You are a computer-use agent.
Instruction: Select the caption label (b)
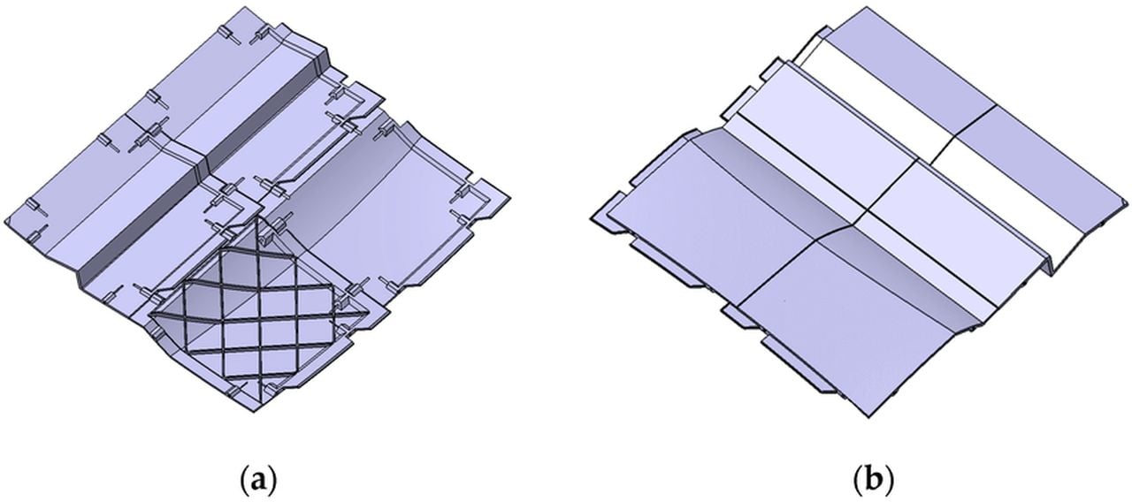tap(873, 481)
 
